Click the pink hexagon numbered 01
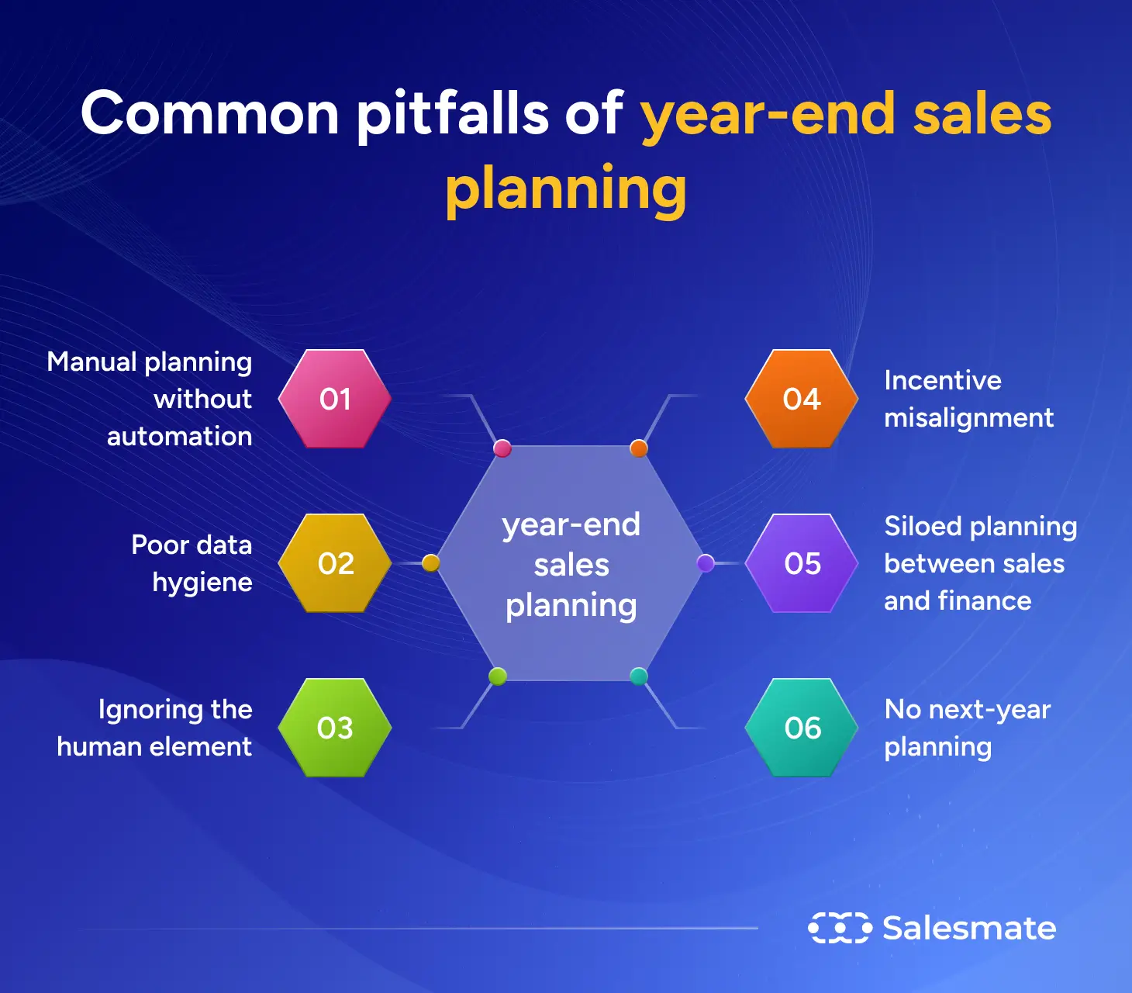pyautogui.click(x=335, y=399)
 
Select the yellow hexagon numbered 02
pyautogui.click(x=335, y=563)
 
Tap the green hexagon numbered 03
pyautogui.click(x=335, y=728)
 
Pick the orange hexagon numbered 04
pyautogui.click(x=802, y=399)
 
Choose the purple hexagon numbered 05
pyautogui.click(x=802, y=563)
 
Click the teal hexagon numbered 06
pyautogui.click(x=802, y=728)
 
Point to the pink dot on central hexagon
pyautogui.click(x=502, y=448)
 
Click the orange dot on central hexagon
pyautogui.click(x=639, y=448)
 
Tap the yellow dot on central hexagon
pyautogui.click(x=431, y=563)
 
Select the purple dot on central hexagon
pyautogui.click(x=706, y=563)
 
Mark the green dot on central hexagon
pyautogui.click(x=498, y=676)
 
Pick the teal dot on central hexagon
pyautogui.click(x=639, y=676)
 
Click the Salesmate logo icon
pyautogui.click(x=840, y=928)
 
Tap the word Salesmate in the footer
pyautogui.click(x=969, y=928)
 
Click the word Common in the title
pyautogui.click(x=209, y=113)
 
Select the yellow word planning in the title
pyautogui.click(x=566, y=189)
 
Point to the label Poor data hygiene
pyautogui.click(x=192, y=563)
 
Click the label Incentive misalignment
pyautogui.click(x=968, y=399)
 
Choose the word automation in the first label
pyautogui.click(x=179, y=437)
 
